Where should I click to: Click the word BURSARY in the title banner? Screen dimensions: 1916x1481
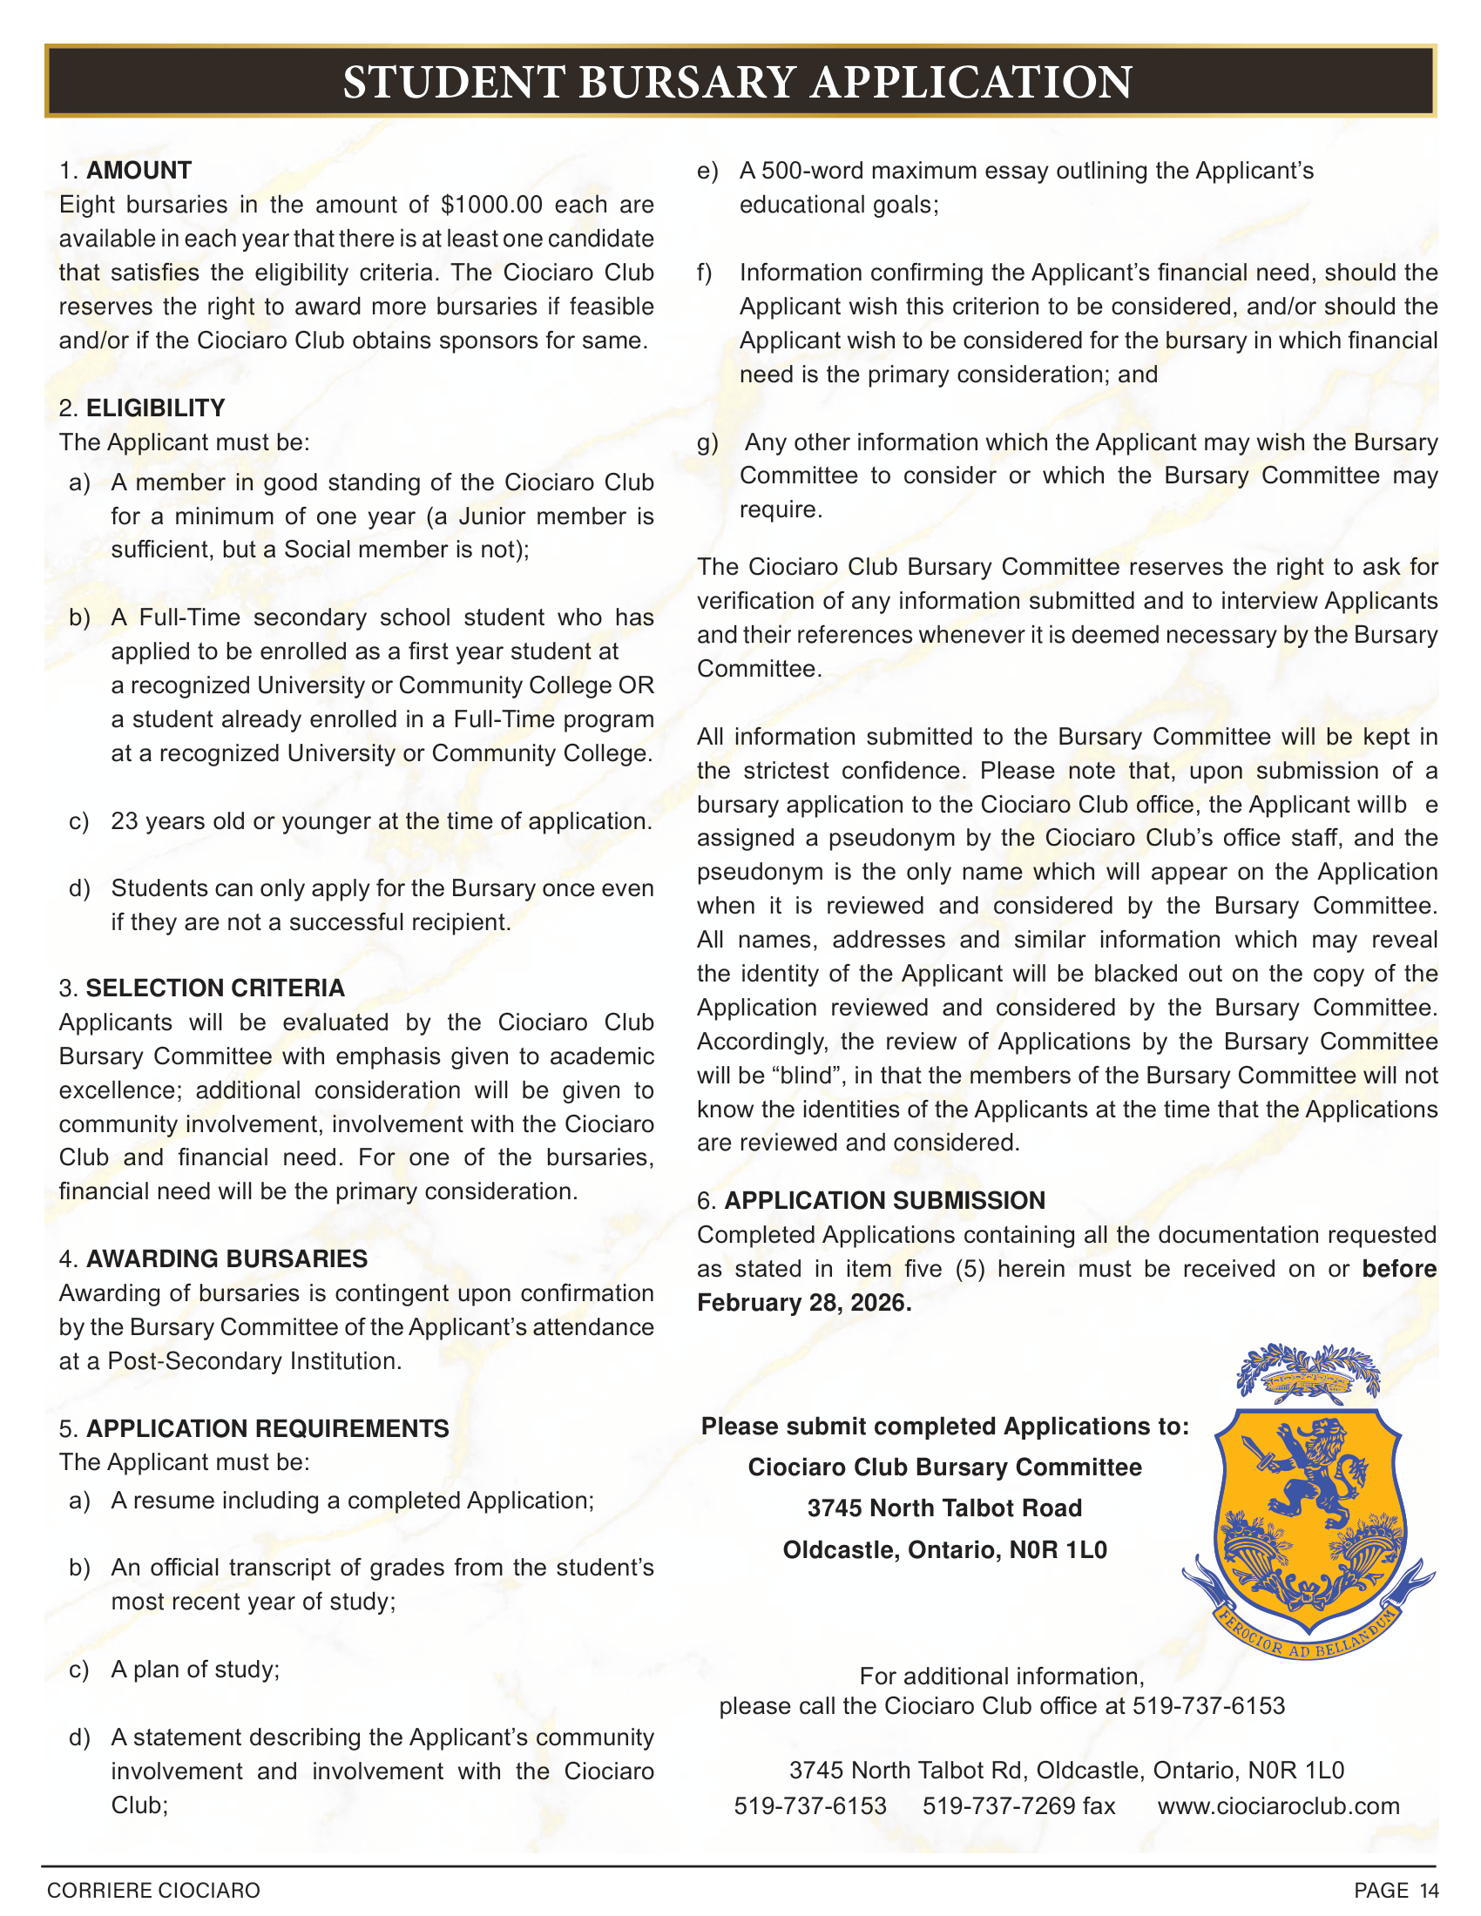[x=687, y=83]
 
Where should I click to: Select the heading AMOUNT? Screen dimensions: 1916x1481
[x=139, y=170]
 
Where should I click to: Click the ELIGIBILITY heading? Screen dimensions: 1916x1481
[x=155, y=408]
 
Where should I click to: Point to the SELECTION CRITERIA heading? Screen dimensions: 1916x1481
[x=215, y=988]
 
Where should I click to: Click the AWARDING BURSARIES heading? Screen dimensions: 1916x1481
[x=227, y=1259]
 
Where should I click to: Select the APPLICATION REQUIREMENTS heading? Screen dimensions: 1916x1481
[x=267, y=1428]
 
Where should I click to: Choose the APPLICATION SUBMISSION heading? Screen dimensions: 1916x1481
[x=884, y=1200]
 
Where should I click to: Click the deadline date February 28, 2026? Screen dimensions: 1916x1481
[x=804, y=1303]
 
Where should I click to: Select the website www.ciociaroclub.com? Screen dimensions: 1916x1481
[x=1278, y=1805]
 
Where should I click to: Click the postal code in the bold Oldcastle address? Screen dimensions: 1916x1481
[x=1058, y=1550]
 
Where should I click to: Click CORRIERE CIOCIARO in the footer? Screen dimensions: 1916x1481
[x=153, y=1891]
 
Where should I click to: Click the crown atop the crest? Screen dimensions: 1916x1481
[x=1308, y=1384]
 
